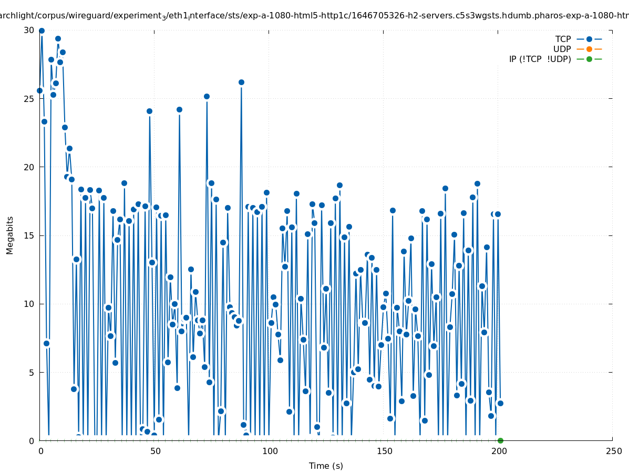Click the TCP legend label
pyautogui.click(x=563, y=39)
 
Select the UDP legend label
pyautogui.click(x=562, y=49)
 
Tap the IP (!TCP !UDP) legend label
pyautogui.click(x=540, y=59)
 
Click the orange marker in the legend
pyautogui.click(x=589, y=49)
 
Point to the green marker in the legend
pyautogui.click(x=589, y=59)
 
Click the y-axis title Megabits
pyautogui.click(x=10, y=235)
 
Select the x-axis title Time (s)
pyautogui.click(x=326, y=466)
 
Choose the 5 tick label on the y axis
pyautogui.click(x=32, y=372)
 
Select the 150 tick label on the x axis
pyautogui.click(x=384, y=451)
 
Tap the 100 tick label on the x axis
pyautogui.click(x=270, y=451)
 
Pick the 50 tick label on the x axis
pyautogui.click(x=155, y=451)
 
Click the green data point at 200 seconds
pyautogui.click(x=500, y=440)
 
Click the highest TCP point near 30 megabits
pyautogui.click(x=42, y=31)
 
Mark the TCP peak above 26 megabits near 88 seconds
pyautogui.click(x=241, y=82)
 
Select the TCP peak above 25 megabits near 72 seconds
pyautogui.click(x=207, y=96)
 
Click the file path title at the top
pyautogui.click(x=314, y=16)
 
